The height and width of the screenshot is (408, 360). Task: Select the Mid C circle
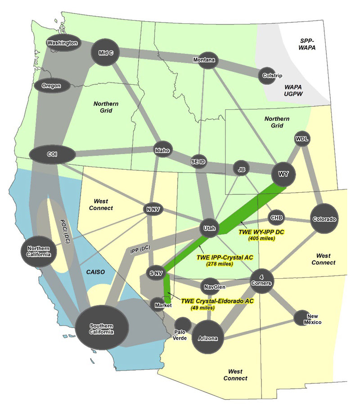tap(105, 53)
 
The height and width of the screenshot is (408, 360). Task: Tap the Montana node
tap(206, 60)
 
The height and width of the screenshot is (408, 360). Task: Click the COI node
tap(51, 154)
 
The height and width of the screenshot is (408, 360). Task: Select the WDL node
tap(301, 138)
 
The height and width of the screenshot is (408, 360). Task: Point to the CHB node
tap(276, 218)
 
